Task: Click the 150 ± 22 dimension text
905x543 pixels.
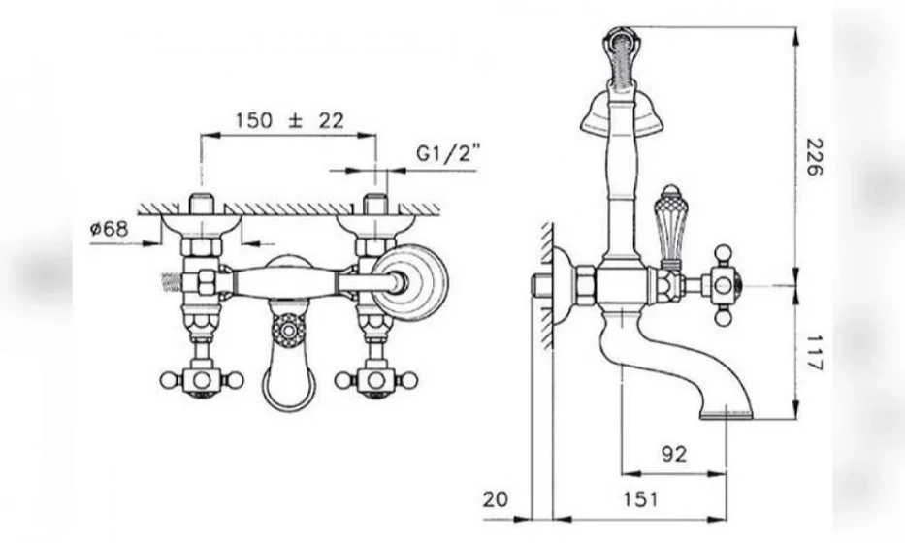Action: (x=290, y=120)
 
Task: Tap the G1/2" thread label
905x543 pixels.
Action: (x=448, y=152)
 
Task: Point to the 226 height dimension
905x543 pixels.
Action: (x=812, y=155)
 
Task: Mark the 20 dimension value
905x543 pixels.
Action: (x=495, y=499)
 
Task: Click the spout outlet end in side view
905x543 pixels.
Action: (x=727, y=416)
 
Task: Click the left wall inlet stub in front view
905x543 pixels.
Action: (x=200, y=207)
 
